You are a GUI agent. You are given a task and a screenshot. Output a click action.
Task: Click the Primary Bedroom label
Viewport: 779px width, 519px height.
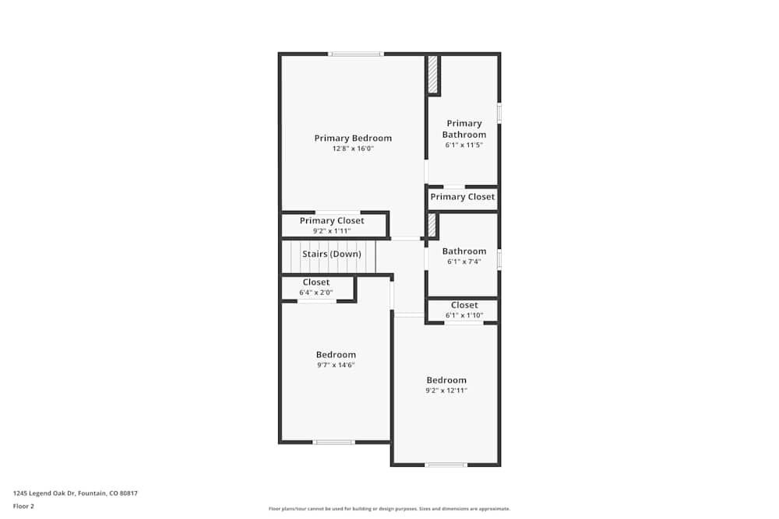tap(353, 139)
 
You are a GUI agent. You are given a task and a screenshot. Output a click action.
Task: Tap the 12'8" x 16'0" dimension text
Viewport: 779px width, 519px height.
tap(353, 149)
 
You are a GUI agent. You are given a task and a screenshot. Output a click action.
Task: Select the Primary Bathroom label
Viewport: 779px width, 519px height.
tap(464, 129)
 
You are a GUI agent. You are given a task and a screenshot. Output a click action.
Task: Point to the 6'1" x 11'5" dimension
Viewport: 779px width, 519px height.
tap(464, 145)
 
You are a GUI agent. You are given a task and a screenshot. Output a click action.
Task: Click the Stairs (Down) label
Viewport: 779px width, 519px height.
tap(332, 254)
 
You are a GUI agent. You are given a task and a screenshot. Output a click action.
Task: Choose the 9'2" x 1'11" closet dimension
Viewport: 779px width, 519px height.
tap(332, 231)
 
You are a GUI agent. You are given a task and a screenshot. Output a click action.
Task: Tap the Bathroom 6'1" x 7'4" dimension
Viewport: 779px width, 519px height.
tap(464, 261)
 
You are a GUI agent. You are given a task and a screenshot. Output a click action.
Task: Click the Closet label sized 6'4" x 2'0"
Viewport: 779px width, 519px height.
tap(316, 282)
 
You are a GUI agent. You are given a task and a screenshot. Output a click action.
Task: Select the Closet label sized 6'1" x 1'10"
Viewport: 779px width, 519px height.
tap(464, 305)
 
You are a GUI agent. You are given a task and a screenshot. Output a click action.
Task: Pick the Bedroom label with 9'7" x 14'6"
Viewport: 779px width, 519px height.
tap(336, 355)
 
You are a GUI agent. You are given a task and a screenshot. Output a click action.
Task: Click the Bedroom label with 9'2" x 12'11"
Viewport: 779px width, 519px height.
tap(446, 380)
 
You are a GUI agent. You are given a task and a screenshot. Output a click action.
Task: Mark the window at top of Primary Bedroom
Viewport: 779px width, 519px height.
tap(356, 54)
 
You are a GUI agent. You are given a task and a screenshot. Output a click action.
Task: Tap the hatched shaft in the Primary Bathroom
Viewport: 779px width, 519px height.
tap(433, 75)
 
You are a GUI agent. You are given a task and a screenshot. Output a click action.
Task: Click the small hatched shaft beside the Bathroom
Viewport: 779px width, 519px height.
tap(432, 225)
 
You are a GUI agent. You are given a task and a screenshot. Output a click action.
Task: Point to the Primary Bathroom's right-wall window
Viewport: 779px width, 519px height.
tap(499, 113)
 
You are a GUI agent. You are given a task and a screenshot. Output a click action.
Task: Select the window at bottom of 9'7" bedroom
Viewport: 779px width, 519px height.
tap(334, 442)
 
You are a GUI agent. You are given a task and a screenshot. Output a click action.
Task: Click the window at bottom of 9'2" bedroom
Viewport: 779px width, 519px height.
tap(446, 465)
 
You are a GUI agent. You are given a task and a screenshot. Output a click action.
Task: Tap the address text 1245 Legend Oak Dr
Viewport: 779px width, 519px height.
tap(76, 493)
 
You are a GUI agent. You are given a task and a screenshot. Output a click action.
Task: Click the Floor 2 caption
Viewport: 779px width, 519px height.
tap(24, 506)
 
